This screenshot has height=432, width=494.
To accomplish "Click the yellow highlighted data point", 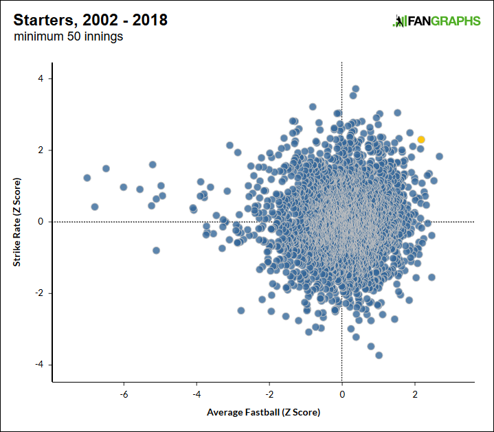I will (421, 139).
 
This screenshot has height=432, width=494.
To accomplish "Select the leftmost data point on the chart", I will (87, 178).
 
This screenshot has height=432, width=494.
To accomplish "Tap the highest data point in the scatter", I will (355, 89).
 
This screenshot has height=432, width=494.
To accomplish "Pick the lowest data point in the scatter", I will (379, 355).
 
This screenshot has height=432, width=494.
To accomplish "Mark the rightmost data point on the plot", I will (439, 156).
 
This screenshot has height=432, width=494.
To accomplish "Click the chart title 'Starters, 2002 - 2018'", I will (90, 20).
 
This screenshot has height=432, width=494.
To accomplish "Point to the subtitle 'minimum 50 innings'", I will (69, 37).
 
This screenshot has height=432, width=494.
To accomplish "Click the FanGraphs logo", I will (436, 21).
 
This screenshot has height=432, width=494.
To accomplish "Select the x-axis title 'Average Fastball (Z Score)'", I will (263, 413).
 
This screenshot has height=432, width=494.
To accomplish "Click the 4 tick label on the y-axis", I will (41, 78).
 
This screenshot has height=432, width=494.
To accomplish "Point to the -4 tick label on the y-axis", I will (38, 364).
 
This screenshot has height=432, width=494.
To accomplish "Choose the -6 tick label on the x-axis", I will (124, 395).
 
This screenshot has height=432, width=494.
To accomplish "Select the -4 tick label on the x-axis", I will (197, 395).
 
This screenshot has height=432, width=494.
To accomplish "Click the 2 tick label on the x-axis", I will (415, 395).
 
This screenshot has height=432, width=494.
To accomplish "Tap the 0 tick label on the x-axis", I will (342, 395).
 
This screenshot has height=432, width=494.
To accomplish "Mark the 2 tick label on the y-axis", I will (41, 150).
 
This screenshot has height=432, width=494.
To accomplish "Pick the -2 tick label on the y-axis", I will (38, 293).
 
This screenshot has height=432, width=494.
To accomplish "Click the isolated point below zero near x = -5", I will (156, 250).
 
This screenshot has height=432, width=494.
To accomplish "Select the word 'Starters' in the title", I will (43, 20).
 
